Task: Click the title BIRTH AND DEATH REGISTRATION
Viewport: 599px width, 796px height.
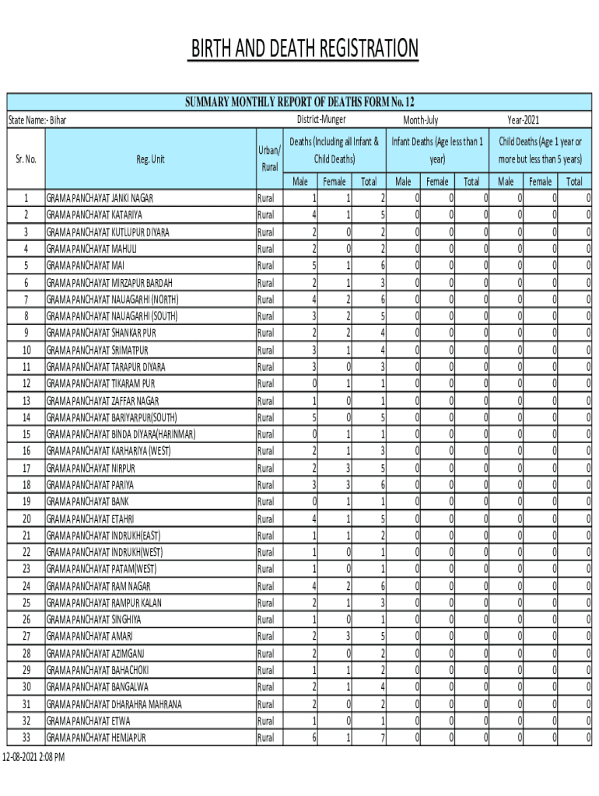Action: point(305,49)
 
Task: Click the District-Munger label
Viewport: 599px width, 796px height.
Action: point(321,120)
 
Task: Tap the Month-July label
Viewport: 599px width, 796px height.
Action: point(420,120)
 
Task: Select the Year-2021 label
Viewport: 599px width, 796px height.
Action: point(523,120)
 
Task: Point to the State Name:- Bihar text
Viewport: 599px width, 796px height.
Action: point(37,120)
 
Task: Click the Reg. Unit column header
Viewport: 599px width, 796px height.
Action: point(150,159)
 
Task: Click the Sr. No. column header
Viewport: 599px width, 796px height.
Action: point(26,159)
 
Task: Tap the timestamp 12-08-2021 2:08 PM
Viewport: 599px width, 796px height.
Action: point(33,756)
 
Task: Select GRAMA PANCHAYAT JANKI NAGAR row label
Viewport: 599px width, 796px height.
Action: point(100,197)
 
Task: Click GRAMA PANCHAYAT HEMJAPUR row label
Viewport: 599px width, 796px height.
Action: point(96,737)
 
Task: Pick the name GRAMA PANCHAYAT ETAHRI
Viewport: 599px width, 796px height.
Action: point(90,518)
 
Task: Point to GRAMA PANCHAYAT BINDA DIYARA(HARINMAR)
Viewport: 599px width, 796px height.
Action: point(121,434)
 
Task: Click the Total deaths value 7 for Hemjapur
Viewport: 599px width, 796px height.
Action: point(382,737)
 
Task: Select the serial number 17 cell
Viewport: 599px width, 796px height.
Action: point(26,468)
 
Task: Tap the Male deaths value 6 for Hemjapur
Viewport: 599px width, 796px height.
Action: point(314,737)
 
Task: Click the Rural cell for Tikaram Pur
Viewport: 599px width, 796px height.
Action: point(265,383)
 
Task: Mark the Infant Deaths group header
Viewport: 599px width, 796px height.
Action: point(437,150)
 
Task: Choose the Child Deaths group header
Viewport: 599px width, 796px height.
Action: point(540,150)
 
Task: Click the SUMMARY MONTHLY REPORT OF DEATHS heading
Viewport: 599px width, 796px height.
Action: point(299,102)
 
